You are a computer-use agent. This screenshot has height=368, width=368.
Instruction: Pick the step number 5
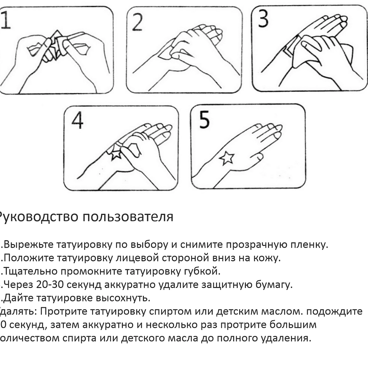pyautogui.click(x=204, y=119)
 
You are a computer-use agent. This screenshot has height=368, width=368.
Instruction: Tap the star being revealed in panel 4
pyautogui.click(x=116, y=153)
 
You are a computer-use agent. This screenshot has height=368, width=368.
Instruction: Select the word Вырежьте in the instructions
pyautogui.click(x=29, y=245)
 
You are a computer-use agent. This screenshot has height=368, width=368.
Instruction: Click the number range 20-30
pyautogui.click(x=50, y=285)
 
